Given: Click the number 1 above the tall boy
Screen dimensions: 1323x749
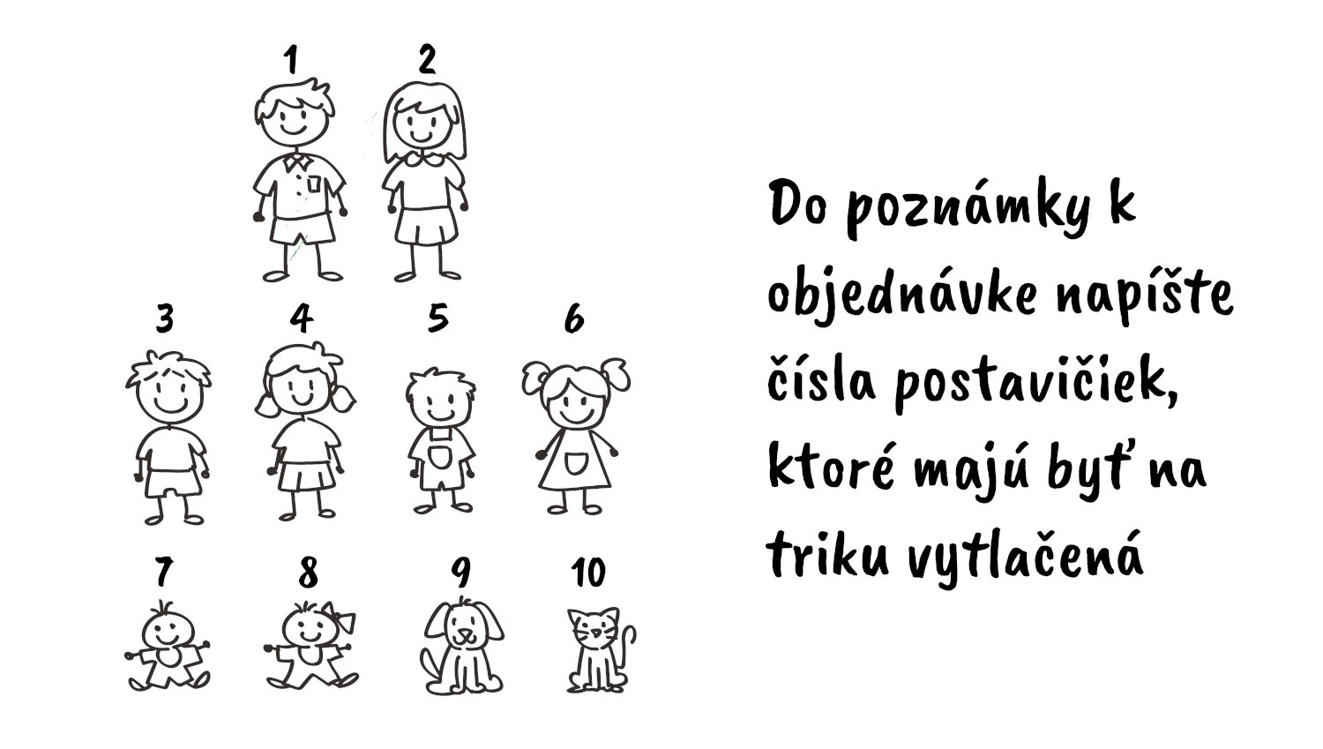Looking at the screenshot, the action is coord(291,60).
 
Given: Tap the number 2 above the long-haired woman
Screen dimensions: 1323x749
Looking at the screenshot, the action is coord(426,59).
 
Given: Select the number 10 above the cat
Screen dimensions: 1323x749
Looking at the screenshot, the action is coord(588,572).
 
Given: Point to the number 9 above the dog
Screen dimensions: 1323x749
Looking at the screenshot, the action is coord(460,572).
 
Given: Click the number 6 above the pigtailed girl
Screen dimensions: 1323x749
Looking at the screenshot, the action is coord(574,318).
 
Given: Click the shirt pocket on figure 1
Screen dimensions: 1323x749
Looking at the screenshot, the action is coord(314,184).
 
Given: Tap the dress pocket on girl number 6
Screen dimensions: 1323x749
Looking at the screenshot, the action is coord(575,463).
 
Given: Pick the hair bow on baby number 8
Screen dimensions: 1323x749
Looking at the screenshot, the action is coord(341,618).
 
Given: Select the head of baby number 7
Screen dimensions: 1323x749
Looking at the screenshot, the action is coord(168,630).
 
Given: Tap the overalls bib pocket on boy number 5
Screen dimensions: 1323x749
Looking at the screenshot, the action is coord(439,457).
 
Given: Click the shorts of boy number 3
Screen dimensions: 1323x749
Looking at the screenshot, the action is coord(173,482).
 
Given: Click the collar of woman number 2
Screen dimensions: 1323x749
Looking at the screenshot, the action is coord(423,158).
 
